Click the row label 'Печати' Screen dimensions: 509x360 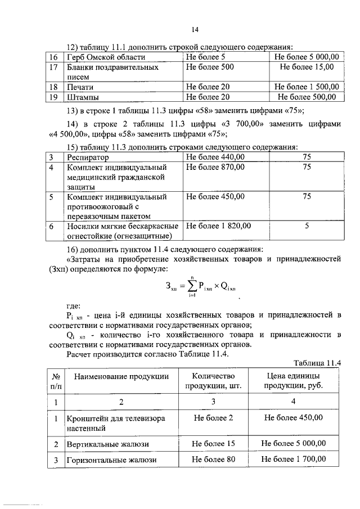click(80, 87)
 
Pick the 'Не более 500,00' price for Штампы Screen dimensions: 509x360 click(306, 97)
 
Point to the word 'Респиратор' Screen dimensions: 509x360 click(88, 157)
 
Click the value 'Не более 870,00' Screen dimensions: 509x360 click(215, 167)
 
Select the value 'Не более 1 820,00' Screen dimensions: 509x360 click(218, 226)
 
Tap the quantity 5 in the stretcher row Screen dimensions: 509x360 click(307, 226)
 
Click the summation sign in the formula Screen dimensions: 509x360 click(192, 285)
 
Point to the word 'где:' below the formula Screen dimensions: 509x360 click(74, 306)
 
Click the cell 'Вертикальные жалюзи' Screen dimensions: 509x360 click(109, 444)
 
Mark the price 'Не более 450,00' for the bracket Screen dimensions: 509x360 click(292, 418)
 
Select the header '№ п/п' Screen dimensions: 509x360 click(56, 381)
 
